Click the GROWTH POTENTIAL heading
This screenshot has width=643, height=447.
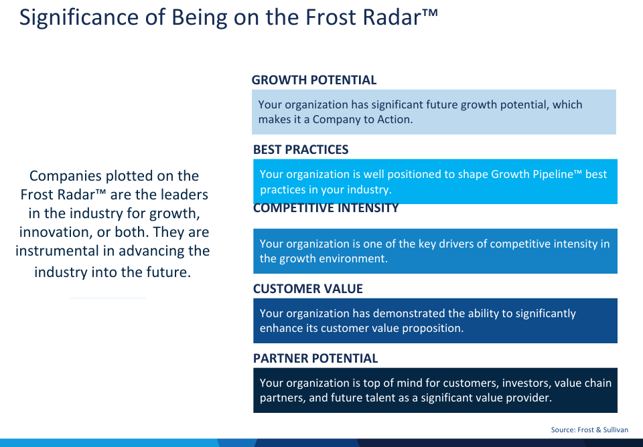(313, 80)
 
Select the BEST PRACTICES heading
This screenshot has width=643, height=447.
(301, 149)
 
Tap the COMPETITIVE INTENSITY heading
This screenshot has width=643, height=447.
(326, 208)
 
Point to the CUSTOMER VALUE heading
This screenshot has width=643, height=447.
(308, 289)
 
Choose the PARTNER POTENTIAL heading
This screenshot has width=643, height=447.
(315, 359)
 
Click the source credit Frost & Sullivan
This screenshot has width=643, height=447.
(603, 430)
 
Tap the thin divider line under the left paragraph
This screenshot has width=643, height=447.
(108, 298)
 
